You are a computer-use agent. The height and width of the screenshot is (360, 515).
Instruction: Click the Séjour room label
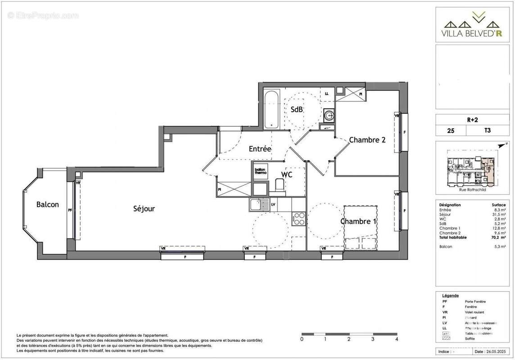coord(144,208)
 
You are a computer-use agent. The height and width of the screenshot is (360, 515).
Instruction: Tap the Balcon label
coord(48,204)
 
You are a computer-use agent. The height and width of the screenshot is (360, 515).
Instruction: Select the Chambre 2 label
coord(367,139)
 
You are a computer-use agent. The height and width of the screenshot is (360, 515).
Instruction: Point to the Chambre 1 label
coord(358,221)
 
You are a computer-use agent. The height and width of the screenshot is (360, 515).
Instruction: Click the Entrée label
coord(260,148)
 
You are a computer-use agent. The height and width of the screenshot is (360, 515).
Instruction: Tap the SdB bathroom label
coord(296,109)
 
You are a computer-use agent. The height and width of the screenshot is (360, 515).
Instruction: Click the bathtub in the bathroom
coord(271,109)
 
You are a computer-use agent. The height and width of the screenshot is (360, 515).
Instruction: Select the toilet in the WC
coord(280,185)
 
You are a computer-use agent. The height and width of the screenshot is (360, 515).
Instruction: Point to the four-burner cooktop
coord(299,218)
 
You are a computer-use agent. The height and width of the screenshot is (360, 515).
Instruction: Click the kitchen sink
coord(258,205)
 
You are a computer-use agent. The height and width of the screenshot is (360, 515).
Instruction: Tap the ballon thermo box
coord(261,171)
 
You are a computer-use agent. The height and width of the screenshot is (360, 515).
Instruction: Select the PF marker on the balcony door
coord(70,210)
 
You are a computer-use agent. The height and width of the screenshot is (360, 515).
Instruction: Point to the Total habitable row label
coord(453,237)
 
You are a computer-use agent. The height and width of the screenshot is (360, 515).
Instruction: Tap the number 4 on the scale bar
coord(396,339)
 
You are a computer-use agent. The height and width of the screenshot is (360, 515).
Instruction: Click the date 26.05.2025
coord(492,351)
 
